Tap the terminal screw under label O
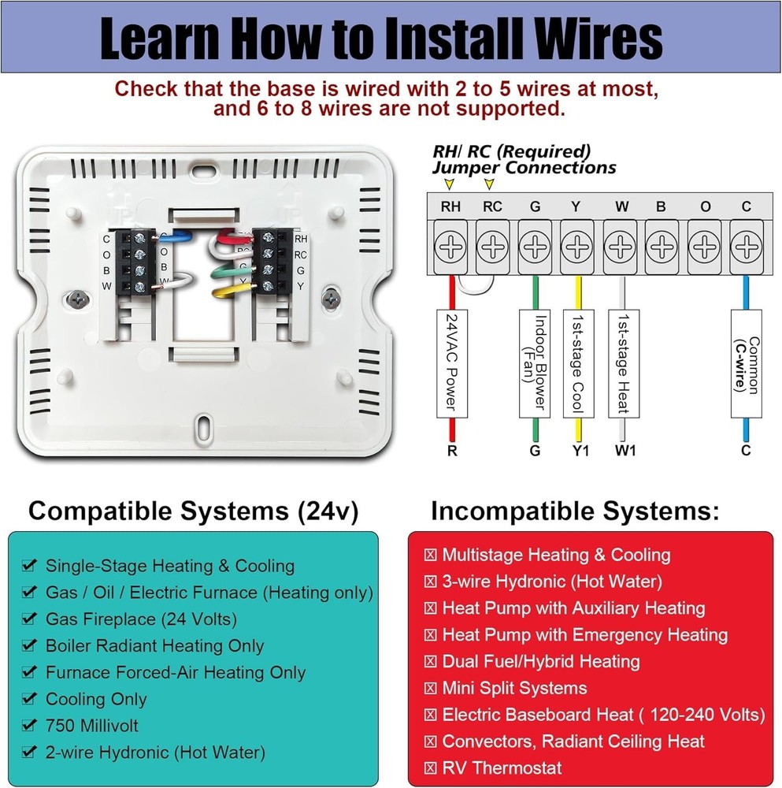pyautogui.click(x=705, y=247)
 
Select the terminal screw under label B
pyautogui.click(x=662, y=247)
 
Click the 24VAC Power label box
pyautogui.click(x=451, y=362)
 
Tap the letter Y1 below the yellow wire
pyautogui.click(x=580, y=451)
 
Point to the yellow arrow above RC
pyautogui.click(x=490, y=184)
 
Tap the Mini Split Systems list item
pyautogui.click(x=514, y=688)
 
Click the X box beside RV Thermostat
pyautogui.click(x=430, y=768)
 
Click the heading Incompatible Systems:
pyautogui.click(x=575, y=512)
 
